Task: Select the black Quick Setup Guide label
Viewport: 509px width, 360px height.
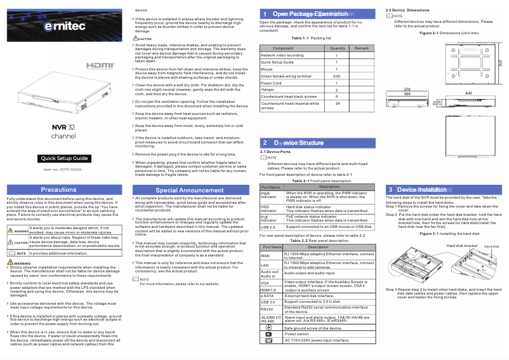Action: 64,158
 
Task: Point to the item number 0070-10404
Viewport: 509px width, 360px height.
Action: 62,170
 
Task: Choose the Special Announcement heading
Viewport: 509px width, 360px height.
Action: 189,190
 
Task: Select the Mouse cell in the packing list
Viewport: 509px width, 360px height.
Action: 268,69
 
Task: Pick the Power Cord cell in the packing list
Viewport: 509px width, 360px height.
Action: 272,83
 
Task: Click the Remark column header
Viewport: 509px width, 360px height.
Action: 361,48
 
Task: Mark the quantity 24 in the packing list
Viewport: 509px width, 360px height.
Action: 337,103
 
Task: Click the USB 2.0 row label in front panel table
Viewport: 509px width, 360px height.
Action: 268,227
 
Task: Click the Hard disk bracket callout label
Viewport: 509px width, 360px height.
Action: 461,245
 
